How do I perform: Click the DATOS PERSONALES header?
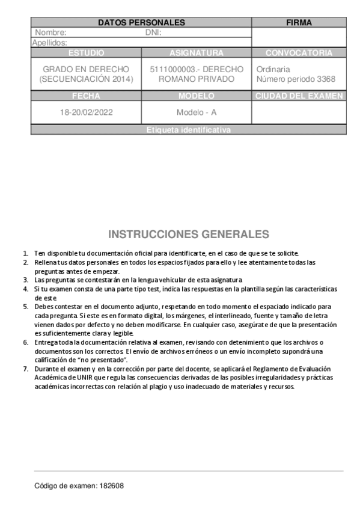click(x=141, y=23)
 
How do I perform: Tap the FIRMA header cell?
click(x=299, y=23)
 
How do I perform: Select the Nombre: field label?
click(x=50, y=32)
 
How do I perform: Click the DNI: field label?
click(x=154, y=32)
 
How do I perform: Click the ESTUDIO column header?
click(x=86, y=53)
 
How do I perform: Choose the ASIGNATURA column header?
click(x=197, y=53)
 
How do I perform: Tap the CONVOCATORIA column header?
click(x=299, y=53)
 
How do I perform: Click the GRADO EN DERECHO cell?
click(x=86, y=74)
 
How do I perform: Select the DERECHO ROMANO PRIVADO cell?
click(x=197, y=74)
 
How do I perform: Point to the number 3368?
click(x=326, y=79)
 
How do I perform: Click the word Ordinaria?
click(x=273, y=69)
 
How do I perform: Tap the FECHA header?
click(x=86, y=96)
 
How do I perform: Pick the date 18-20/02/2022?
click(x=86, y=112)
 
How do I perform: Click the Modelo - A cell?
click(x=197, y=112)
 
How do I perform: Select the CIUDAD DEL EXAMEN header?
click(x=299, y=96)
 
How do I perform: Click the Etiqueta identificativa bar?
click(x=188, y=130)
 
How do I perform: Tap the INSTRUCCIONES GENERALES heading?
click(x=188, y=234)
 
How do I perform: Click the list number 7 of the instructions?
click(x=25, y=369)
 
